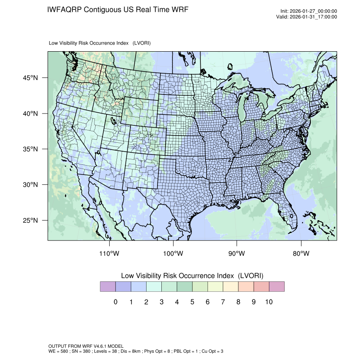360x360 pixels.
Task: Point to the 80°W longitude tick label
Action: coord(301,254)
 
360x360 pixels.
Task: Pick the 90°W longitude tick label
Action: coord(237,254)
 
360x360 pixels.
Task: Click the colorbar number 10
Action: coord(269,302)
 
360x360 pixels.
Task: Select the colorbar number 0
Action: coord(115,302)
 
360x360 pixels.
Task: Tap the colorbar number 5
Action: coord(192,302)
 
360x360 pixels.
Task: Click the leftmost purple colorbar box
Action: coord(108,287)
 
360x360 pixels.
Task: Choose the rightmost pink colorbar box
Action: coord(277,287)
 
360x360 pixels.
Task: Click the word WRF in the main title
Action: coord(179,9)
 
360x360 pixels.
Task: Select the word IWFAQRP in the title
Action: coord(64,9)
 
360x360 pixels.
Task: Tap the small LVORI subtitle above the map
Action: coord(100,43)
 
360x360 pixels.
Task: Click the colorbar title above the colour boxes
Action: coord(192,276)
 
